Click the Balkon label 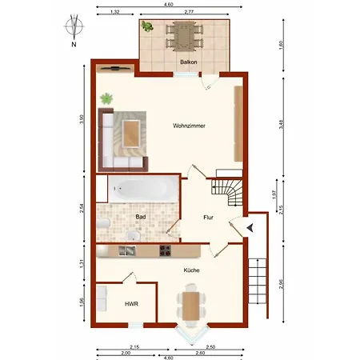[x=188, y=62]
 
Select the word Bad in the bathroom [x=140, y=217]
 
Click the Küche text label [x=191, y=270]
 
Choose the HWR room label [x=131, y=304]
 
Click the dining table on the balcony [x=184, y=35]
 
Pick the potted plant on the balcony [x=148, y=26]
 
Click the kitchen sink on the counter [x=129, y=251]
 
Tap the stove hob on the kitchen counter [x=166, y=251]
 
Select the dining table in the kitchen [x=191, y=305]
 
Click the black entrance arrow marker [x=252, y=228]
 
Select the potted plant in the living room [x=106, y=99]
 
